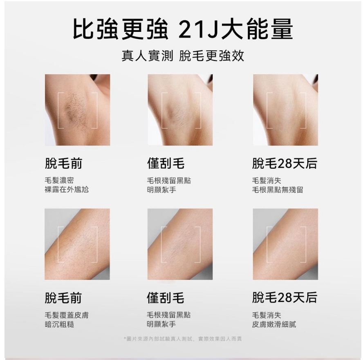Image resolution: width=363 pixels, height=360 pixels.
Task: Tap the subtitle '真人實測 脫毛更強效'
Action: point(183,56)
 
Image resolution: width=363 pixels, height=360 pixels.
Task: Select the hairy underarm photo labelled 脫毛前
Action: point(78,110)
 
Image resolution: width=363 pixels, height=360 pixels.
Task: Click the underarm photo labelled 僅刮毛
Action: point(180,110)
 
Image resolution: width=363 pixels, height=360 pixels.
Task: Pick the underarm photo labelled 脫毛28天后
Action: point(285,110)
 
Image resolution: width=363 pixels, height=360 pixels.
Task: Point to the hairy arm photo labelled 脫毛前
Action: point(77,244)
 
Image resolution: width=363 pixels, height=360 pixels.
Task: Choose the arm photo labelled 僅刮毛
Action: point(180,244)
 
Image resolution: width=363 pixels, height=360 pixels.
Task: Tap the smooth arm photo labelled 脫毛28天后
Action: point(285,244)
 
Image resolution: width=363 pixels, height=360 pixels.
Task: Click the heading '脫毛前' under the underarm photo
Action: point(63,163)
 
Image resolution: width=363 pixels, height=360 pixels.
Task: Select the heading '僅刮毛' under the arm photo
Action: point(166,297)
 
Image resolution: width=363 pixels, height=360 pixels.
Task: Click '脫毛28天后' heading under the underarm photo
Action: point(285,163)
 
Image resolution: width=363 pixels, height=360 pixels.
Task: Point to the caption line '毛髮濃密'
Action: point(59,180)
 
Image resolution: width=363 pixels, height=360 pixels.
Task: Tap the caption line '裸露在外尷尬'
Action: point(67,190)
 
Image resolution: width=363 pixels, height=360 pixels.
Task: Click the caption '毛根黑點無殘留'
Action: point(278,190)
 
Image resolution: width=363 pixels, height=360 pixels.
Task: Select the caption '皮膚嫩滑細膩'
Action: point(274,324)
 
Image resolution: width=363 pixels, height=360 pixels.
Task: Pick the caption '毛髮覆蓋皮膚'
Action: point(67,315)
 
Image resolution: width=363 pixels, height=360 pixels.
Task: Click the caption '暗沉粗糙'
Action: point(59,324)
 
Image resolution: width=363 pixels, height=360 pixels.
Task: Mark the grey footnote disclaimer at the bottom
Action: point(183,339)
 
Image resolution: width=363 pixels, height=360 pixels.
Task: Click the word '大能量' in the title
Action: point(257,29)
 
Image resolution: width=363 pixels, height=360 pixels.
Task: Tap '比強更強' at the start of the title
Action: point(120,29)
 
